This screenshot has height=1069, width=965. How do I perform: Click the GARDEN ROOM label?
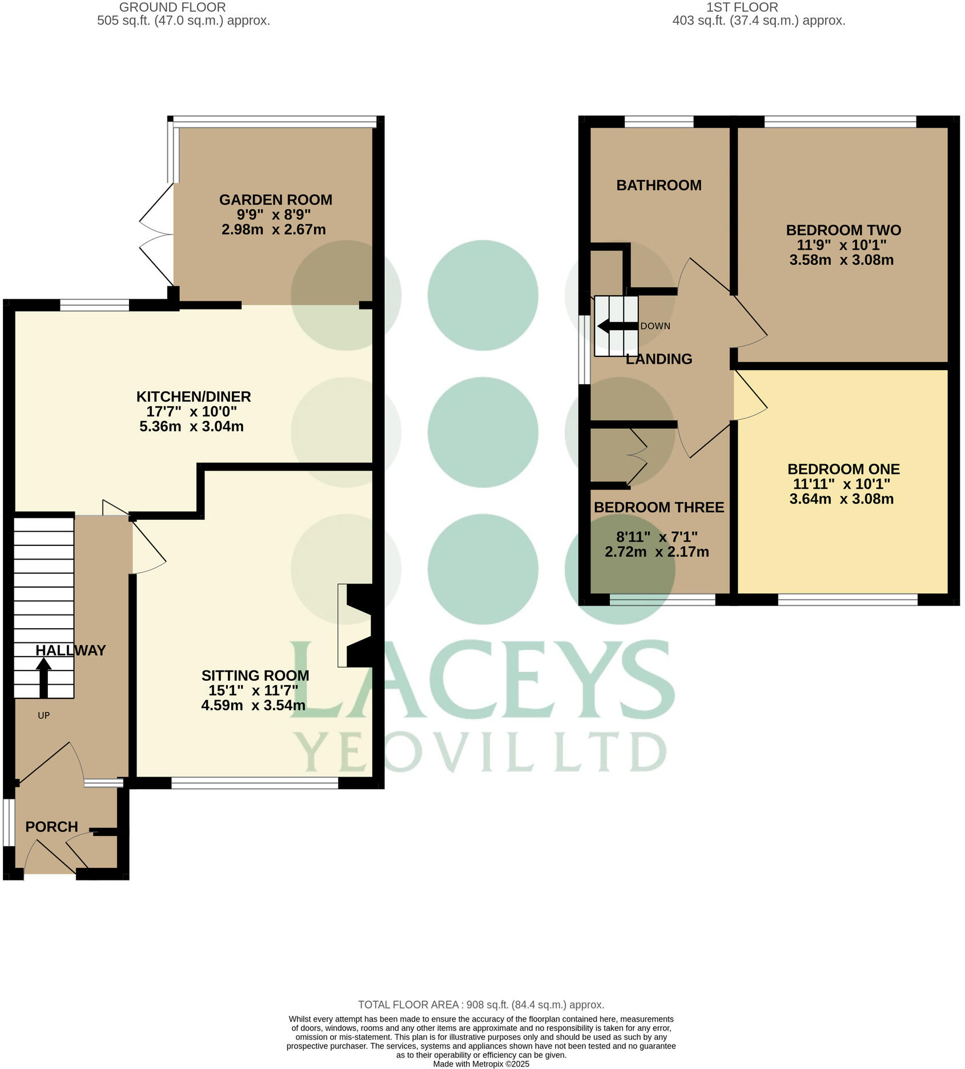point(275,200)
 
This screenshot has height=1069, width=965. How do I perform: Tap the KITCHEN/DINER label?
point(194,396)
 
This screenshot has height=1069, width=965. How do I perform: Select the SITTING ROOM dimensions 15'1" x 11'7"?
point(253,690)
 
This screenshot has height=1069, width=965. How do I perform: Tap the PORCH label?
point(51,827)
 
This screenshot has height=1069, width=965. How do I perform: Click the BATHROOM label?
point(658,185)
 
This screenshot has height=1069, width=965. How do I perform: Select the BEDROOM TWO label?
point(843,230)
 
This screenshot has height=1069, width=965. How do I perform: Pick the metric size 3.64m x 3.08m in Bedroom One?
point(841,499)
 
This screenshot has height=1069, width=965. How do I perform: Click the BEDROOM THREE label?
point(658,507)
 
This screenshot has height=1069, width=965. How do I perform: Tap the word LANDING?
point(658,359)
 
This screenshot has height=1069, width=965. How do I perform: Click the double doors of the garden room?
point(155,234)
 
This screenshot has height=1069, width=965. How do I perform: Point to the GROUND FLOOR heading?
point(172,7)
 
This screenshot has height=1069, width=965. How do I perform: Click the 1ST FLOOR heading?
point(742,7)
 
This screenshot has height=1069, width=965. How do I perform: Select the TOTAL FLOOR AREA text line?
point(481,1004)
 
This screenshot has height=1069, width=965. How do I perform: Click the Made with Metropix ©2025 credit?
point(481,1064)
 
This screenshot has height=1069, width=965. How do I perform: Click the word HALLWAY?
point(70,650)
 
